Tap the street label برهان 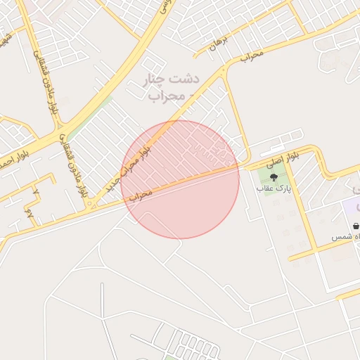pos(215,46)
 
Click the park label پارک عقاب pos(274,188)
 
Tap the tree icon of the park pos(274,177)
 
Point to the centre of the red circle pos(180,179)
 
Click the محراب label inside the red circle pos(141,194)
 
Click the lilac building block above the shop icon pos(351,208)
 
